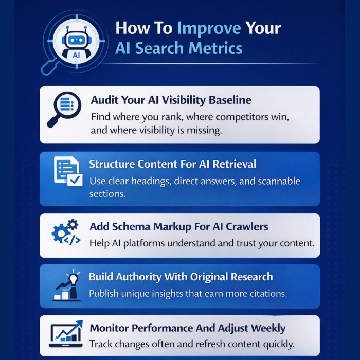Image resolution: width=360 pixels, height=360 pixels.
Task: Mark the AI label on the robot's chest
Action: (x=75, y=53)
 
